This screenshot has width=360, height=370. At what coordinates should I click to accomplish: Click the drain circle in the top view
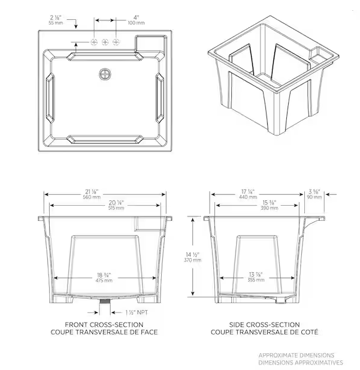[x=105, y=74]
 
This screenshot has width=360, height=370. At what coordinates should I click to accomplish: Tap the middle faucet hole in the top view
[x=105, y=42]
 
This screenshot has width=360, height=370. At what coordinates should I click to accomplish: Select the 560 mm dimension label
[x=92, y=197]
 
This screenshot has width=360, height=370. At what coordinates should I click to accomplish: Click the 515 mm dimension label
[x=116, y=208]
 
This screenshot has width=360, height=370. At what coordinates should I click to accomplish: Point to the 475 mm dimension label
[x=104, y=281]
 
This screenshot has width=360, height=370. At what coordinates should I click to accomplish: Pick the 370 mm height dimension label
[x=193, y=260]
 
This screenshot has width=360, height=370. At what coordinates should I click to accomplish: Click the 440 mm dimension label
[x=248, y=197]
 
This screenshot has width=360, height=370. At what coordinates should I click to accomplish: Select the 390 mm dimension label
[x=269, y=208]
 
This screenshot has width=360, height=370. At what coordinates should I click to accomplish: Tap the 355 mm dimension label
[x=256, y=280]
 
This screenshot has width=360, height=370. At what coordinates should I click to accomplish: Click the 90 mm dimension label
[x=314, y=197]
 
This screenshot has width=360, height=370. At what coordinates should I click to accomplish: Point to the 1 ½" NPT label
[x=137, y=312]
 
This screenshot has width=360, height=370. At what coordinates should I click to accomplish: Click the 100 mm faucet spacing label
[x=136, y=23]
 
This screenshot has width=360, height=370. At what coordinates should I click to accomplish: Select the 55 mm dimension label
[x=56, y=23]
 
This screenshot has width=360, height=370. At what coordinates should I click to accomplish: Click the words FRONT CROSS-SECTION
[x=104, y=324]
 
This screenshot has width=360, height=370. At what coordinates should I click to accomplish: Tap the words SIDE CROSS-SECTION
[x=265, y=324]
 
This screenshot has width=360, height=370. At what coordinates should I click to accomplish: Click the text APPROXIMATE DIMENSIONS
[x=297, y=355]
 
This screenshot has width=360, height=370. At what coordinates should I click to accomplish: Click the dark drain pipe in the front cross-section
[x=105, y=301]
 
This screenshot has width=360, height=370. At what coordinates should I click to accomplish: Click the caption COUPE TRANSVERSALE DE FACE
[x=104, y=332]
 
